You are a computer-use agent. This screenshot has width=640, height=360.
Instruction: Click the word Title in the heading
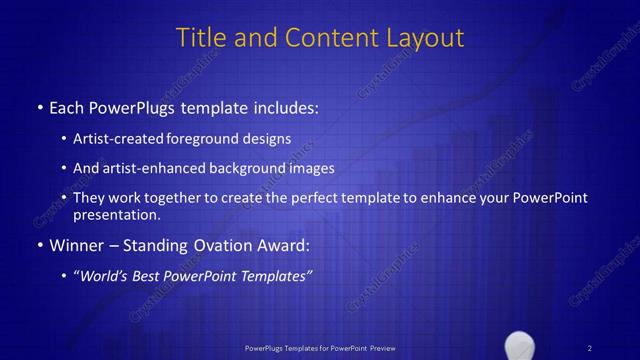point(198,38)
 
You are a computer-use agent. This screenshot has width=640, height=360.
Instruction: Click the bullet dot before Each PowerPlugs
point(39,105)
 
